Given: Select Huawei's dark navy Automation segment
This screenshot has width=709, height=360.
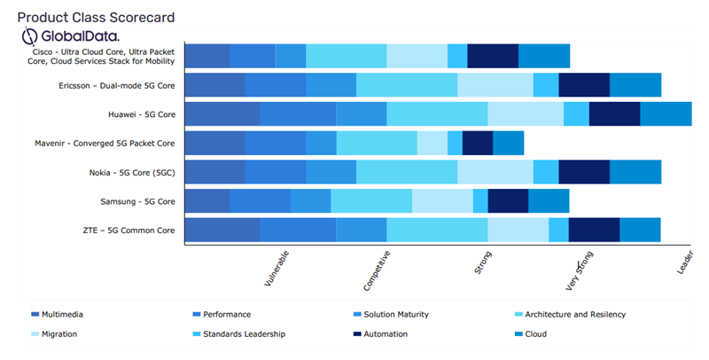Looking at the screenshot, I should (x=614, y=114).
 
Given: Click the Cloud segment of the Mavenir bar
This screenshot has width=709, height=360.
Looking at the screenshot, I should (x=508, y=143).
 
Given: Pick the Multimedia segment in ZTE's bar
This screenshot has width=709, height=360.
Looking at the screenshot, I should (x=222, y=230).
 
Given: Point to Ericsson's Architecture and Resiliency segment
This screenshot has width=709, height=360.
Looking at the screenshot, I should (x=406, y=85).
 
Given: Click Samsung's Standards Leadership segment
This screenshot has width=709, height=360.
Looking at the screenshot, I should (x=479, y=201).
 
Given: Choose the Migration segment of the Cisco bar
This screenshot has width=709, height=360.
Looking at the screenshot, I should (x=417, y=56).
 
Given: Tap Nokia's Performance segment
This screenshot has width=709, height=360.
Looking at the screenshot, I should (x=275, y=172).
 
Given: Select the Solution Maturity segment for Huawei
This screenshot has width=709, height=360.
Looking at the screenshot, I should (x=361, y=114).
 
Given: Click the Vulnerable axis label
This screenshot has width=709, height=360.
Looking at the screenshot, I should (x=277, y=269).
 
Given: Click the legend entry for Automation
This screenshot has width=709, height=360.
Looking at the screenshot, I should (x=385, y=334).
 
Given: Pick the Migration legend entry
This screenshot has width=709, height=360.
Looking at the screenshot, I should (x=58, y=334).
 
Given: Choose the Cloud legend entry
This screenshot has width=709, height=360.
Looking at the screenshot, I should (x=534, y=334).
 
